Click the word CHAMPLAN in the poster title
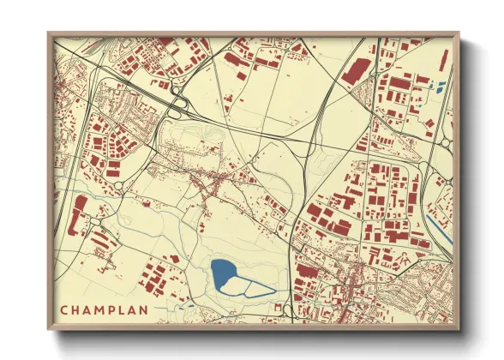pos(104,309)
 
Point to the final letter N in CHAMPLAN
pos(143,309)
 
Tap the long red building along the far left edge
pos(81,208)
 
